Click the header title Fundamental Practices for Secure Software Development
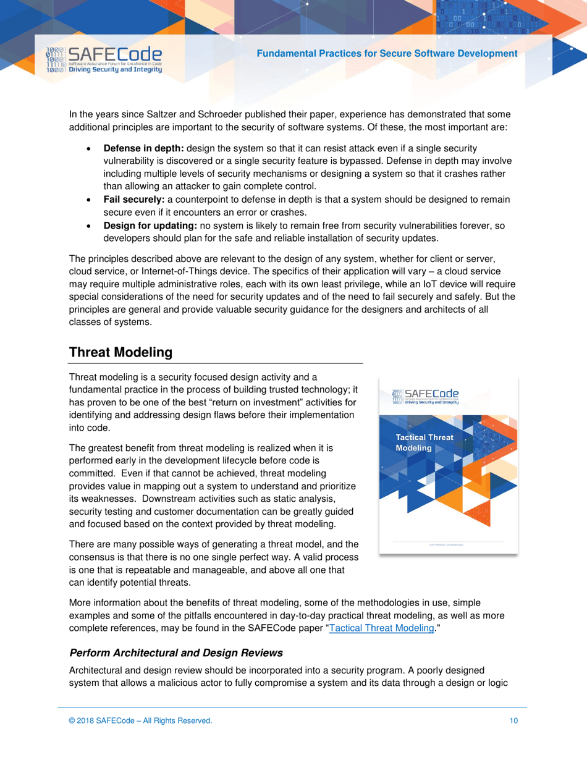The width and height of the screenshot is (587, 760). point(387,54)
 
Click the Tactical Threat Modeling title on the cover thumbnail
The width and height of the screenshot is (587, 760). point(424,442)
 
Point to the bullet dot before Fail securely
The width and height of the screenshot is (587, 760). point(91,200)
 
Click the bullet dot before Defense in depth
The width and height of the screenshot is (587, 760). point(91,150)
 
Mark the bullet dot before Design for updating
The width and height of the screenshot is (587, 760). point(91,227)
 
